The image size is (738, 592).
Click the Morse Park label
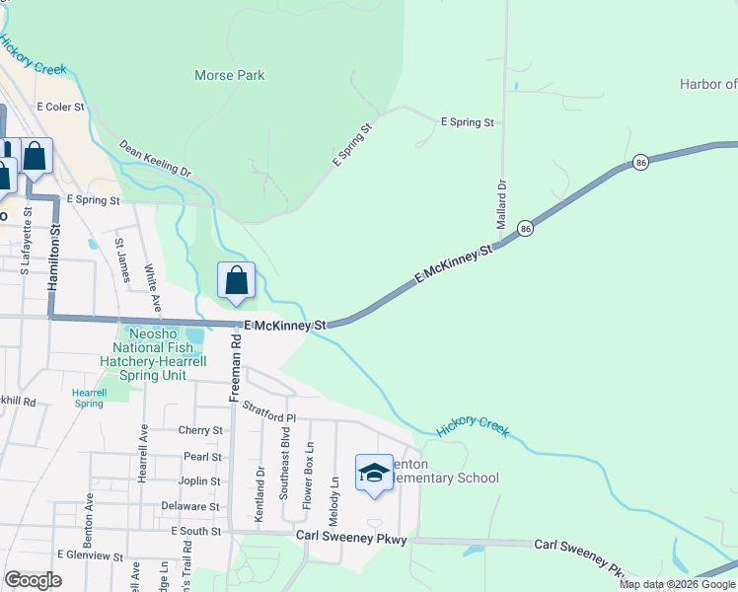point(230,75)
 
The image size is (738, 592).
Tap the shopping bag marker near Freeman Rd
point(237,282)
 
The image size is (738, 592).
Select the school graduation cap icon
point(374,473)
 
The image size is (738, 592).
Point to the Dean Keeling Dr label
point(155,158)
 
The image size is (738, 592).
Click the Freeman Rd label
point(235,366)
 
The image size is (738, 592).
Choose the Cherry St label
point(200,430)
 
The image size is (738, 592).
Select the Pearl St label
point(202,457)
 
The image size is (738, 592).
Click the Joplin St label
point(201,481)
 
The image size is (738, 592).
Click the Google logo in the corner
point(33,580)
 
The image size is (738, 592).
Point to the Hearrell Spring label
point(89,398)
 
